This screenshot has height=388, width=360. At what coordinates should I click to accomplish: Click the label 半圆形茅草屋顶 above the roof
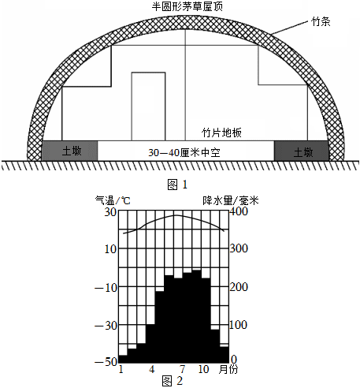(x=187, y=6)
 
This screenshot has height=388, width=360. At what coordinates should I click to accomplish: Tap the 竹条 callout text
(x=321, y=21)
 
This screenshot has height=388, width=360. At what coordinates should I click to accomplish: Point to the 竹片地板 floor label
(x=221, y=132)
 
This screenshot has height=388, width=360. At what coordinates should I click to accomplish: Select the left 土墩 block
(x=69, y=151)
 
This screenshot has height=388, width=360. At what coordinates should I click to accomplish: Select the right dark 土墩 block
(x=302, y=151)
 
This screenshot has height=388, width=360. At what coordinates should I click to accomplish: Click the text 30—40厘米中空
(x=184, y=152)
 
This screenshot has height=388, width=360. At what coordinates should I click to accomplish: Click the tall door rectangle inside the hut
(x=148, y=106)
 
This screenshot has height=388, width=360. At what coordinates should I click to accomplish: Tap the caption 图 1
(x=177, y=185)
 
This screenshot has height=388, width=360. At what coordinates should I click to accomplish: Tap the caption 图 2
(x=173, y=381)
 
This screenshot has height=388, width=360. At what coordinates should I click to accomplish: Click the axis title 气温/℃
(x=113, y=201)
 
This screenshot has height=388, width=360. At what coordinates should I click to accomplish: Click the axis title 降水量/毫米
(x=231, y=201)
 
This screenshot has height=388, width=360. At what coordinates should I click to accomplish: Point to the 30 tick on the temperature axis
(x=110, y=212)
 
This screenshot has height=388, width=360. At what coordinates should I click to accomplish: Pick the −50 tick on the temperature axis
(x=106, y=362)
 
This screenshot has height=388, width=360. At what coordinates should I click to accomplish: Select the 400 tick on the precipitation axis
(x=239, y=211)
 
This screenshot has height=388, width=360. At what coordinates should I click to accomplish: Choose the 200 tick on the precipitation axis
(x=239, y=287)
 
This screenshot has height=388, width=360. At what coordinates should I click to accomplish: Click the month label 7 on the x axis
(x=183, y=369)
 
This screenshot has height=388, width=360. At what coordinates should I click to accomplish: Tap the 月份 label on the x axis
(x=228, y=369)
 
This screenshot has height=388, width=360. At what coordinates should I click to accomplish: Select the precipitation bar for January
(x=123, y=359)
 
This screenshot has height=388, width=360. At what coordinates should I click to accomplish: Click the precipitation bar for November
(x=215, y=346)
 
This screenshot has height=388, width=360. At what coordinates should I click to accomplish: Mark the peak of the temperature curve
(x=176, y=215)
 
